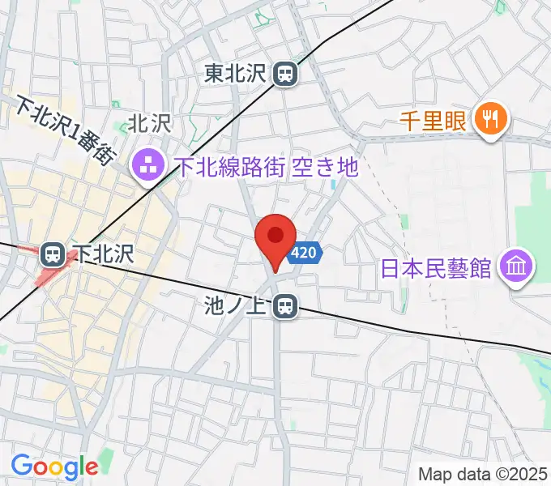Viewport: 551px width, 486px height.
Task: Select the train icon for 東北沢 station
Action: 285,75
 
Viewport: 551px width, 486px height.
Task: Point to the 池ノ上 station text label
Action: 238,306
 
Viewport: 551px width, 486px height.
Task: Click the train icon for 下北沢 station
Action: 53,254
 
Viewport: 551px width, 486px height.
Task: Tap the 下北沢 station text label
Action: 100,254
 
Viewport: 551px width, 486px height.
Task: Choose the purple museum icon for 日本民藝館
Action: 515,265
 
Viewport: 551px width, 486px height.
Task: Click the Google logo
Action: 53,466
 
